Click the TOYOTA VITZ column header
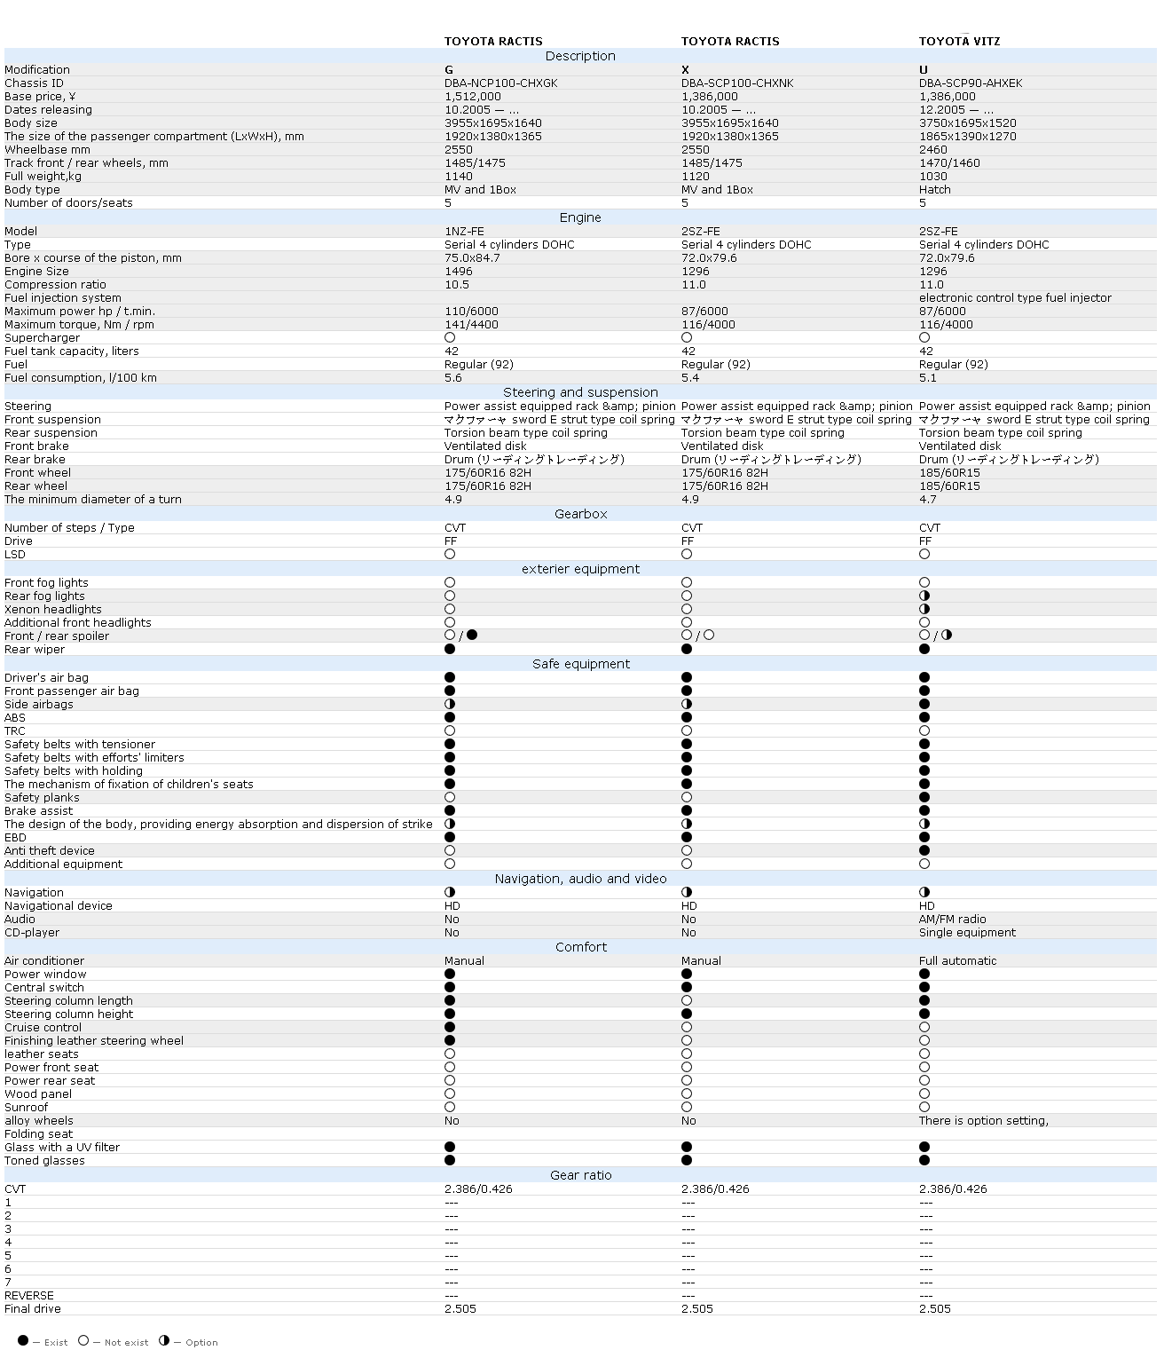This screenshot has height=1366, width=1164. tap(959, 42)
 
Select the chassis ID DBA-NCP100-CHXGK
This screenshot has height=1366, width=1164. tap(501, 83)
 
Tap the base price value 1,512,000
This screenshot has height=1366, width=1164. tap(473, 97)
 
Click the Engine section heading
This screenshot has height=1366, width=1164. tap(580, 217)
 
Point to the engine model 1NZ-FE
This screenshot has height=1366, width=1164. tap(464, 232)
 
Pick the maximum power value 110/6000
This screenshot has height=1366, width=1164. tap(471, 312)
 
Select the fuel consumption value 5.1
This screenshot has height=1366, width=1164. tap(927, 378)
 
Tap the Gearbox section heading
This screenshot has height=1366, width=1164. tap(580, 514)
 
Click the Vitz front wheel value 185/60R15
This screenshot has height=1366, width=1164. tap(949, 473)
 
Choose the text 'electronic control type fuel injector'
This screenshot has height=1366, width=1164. tap(1015, 298)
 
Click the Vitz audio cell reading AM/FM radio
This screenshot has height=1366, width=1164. tap(952, 920)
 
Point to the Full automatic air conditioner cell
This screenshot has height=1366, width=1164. tap(957, 961)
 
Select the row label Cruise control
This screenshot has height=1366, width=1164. tap(43, 1028)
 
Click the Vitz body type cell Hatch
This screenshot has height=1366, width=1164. tap(934, 190)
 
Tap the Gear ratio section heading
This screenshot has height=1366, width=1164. tap(580, 1175)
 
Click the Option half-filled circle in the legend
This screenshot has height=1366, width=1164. tap(164, 1340)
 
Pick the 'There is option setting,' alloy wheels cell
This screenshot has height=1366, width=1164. tap(983, 1121)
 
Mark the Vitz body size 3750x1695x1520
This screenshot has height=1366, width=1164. tap(967, 123)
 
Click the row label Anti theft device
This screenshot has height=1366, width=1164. tap(49, 851)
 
